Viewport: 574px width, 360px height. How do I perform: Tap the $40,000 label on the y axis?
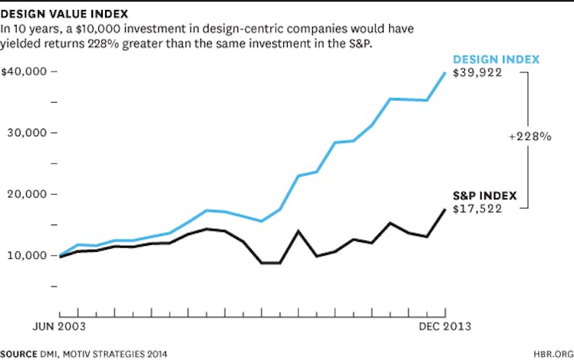(x=24, y=72)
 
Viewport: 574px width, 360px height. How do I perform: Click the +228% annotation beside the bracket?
(x=531, y=137)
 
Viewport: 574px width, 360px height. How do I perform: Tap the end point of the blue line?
(x=445, y=72)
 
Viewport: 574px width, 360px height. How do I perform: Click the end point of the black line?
(x=445, y=209)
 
